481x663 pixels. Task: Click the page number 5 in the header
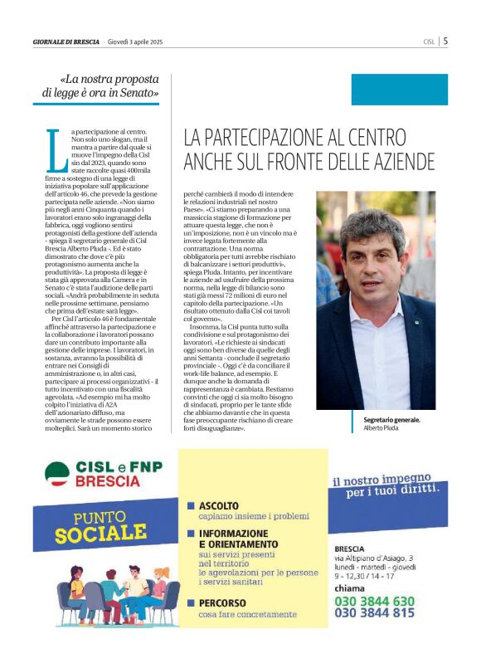(445, 40)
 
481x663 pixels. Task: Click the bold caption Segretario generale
(392, 421)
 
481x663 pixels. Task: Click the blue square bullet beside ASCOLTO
(191, 505)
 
